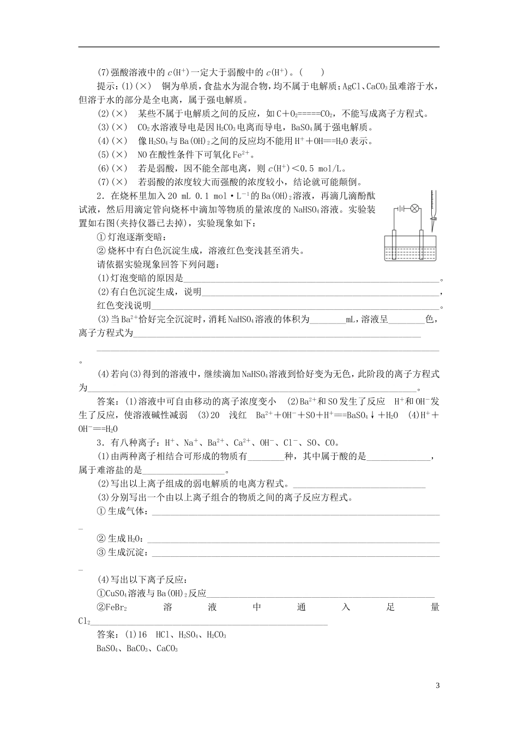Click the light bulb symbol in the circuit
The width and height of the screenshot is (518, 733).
pos(414,208)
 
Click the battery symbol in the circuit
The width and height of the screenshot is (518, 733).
pos(401,208)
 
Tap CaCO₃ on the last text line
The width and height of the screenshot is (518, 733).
pos(167,648)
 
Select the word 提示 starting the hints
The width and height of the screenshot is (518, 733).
pos(105,86)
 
